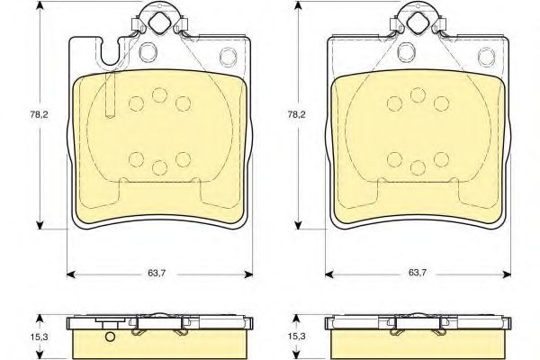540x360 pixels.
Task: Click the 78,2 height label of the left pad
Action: pyautogui.click(x=40, y=115)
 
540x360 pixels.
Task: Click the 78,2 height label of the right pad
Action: pyautogui.click(x=296, y=115)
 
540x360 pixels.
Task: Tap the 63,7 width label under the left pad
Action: pyautogui.click(x=157, y=274)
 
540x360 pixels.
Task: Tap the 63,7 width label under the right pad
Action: pyautogui.click(x=418, y=273)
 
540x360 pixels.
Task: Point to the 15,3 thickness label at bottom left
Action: pyautogui.click(x=40, y=337)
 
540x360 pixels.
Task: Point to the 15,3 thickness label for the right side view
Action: pyautogui.click(x=296, y=337)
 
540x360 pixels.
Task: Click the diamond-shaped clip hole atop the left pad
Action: pyautogui.click(x=159, y=22)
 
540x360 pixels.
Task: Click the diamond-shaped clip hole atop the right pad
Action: pyautogui.click(x=418, y=22)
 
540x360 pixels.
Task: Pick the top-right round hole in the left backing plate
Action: pyautogui.click(x=229, y=56)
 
